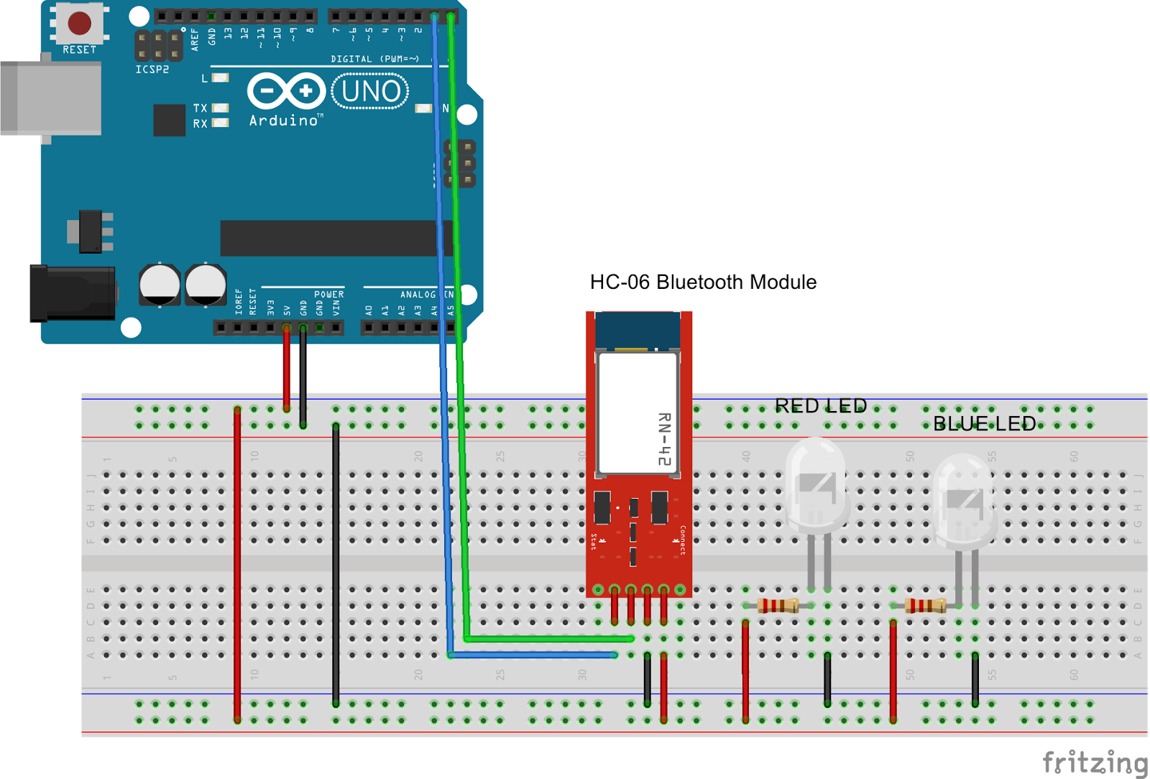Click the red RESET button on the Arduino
pos(79,23)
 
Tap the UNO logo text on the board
pos(370,91)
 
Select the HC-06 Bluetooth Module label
pos(702,282)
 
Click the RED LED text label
pos(820,406)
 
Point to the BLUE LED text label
pos(984,424)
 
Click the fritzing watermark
pos(1095,762)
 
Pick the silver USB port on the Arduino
pos(50,98)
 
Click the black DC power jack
pos(72,293)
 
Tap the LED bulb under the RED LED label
pos(816,485)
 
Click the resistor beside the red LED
pos(778,606)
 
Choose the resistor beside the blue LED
pos(926,606)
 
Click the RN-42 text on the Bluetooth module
pos(665,438)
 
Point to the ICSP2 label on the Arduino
pos(152,70)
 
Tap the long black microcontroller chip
pos(331,238)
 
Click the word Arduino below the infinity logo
pos(285,121)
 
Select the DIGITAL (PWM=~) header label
pos(374,59)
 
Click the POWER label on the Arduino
pos(328,295)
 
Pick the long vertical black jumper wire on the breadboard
pos(336,564)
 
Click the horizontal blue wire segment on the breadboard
pos(533,655)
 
